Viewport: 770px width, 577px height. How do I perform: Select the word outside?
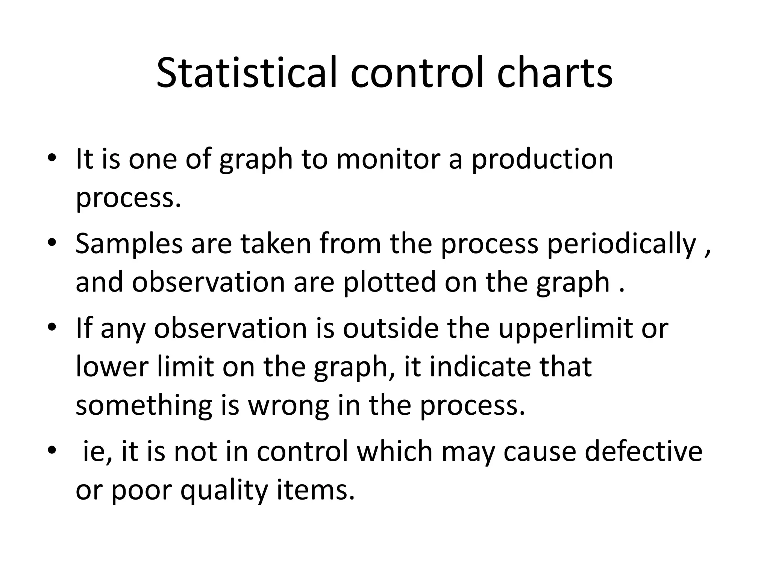coord(391,328)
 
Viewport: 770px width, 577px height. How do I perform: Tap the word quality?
coord(224,490)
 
